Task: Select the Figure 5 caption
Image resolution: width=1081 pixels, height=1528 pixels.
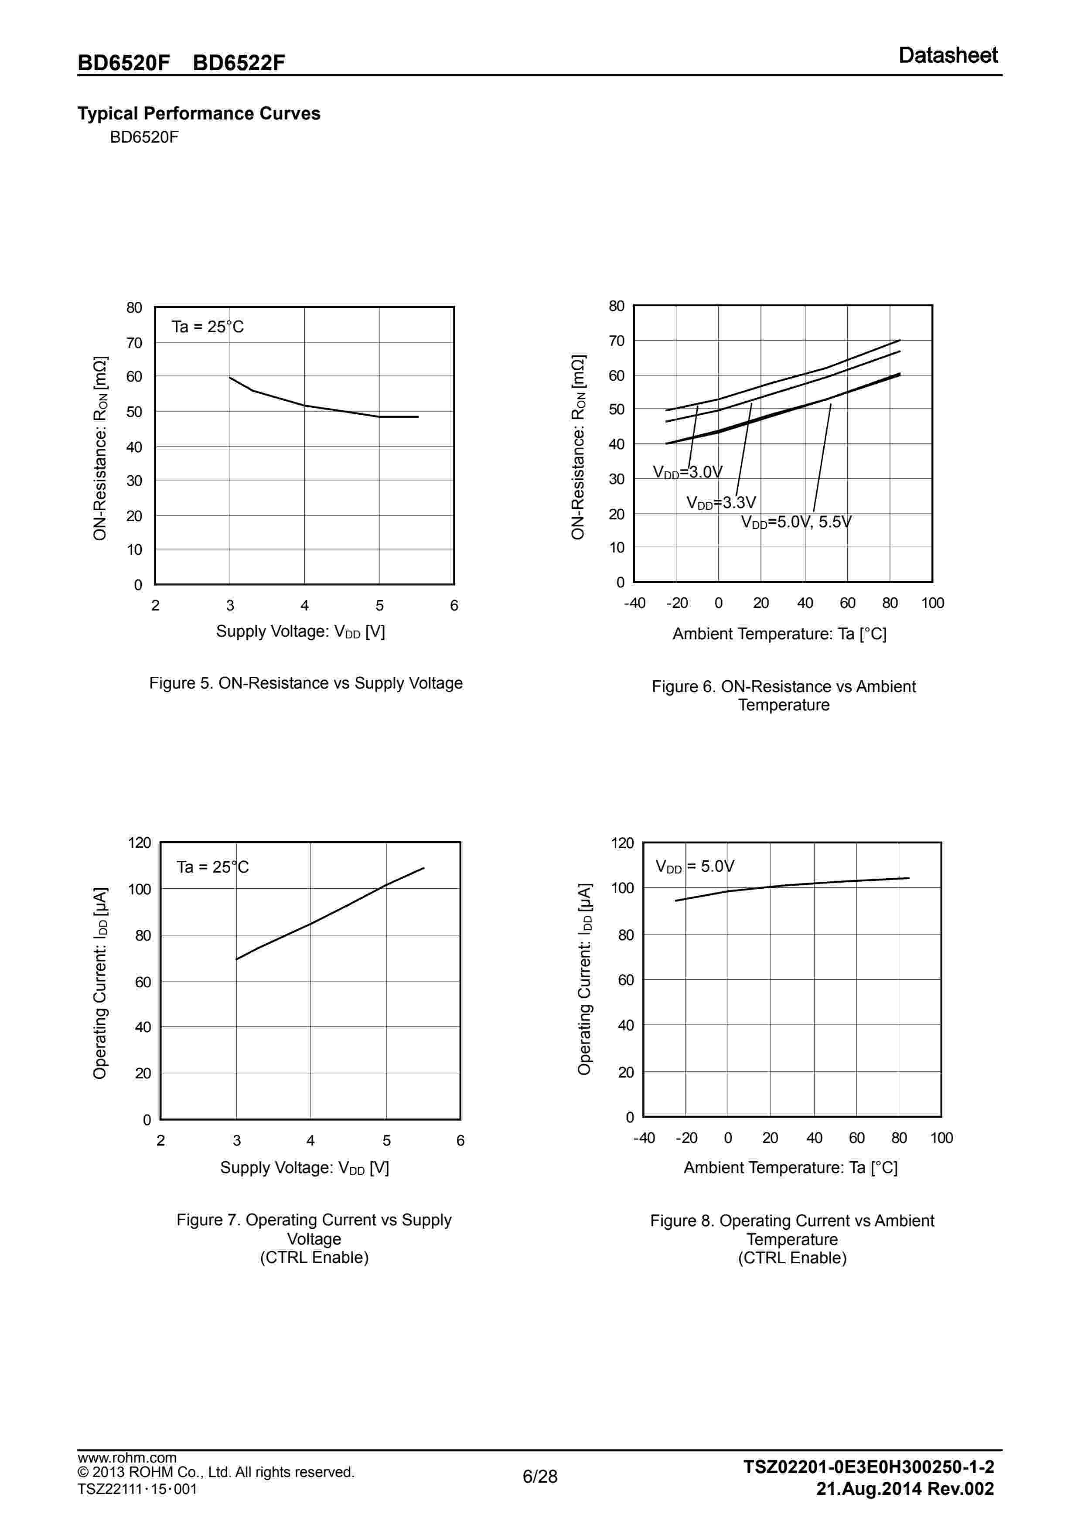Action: coord(306,683)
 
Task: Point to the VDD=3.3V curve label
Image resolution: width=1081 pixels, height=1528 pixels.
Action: coord(721,502)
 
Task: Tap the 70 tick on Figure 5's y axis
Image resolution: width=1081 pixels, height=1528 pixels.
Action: coord(134,343)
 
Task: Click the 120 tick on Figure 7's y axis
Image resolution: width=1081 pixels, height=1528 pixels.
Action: coord(140,842)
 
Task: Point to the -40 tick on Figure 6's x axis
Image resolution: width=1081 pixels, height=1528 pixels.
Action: coord(634,603)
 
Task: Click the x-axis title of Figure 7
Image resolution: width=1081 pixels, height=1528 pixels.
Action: coord(304,1167)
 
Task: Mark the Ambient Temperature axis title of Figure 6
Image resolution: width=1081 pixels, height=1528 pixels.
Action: coord(780,634)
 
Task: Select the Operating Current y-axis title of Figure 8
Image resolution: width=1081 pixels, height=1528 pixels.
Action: coord(584,979)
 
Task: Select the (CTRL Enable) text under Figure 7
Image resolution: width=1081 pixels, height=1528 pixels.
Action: coord(314,1257)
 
